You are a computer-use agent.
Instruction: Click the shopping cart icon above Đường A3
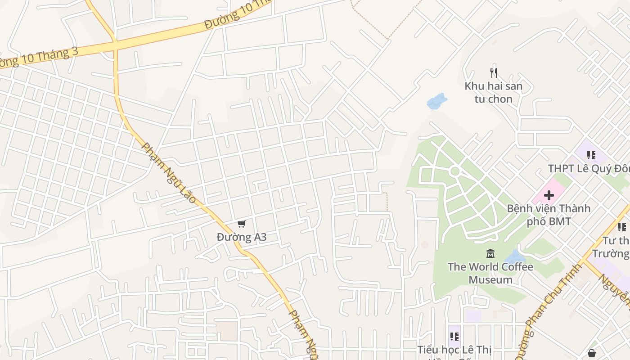coord(242,224)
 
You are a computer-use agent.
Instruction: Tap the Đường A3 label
coord(242,237)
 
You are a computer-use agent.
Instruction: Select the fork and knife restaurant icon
coord(494,72)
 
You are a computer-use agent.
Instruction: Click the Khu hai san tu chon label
coord(494,92)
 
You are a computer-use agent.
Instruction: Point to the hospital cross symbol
coord(549,195)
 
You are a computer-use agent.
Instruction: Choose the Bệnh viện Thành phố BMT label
coord(549,215)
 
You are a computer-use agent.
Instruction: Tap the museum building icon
coord(490,254)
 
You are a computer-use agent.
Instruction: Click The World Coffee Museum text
coord(490,273)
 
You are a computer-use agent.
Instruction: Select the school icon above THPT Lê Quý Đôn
coord(591,155)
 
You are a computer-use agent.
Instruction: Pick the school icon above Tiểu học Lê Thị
coord(454,336)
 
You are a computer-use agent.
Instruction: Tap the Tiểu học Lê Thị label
coord(454,350)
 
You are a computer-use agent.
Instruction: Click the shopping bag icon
coord(592,353)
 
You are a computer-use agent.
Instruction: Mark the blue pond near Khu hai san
coord(436,102)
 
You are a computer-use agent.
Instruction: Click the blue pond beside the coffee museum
coord(515,257)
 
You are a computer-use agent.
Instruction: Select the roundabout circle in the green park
coord(454,171)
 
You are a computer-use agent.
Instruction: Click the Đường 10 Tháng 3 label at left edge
coord(38,58)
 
